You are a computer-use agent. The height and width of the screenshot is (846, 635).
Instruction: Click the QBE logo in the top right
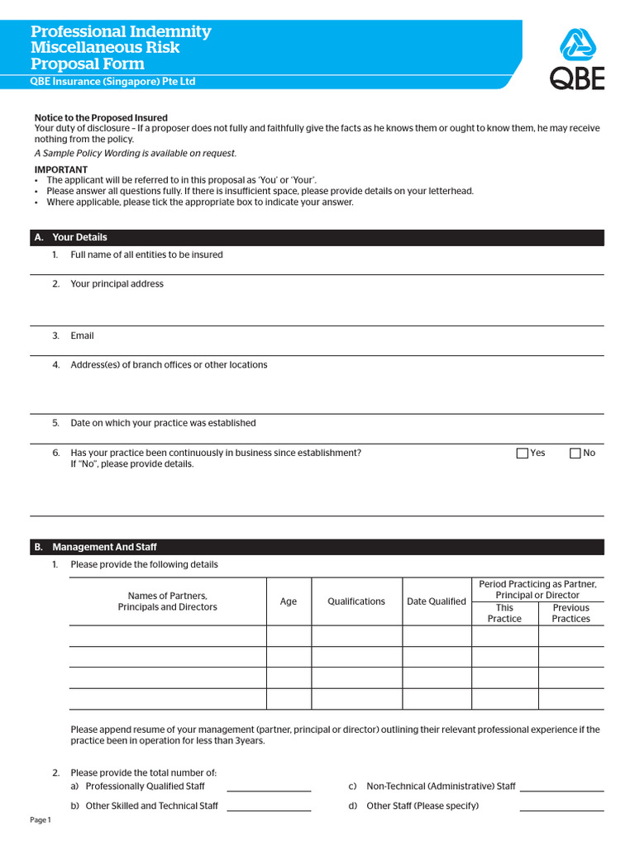[x=577, y=59]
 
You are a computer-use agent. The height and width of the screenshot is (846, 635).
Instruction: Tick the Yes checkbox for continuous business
[x=522, y=453]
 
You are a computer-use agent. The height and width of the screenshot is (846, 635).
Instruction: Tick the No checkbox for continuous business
[x=575, y=453]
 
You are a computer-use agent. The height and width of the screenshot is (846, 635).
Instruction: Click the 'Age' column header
[x=289, y=601]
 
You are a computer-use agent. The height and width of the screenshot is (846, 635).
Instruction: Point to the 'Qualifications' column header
[x=356, y=601]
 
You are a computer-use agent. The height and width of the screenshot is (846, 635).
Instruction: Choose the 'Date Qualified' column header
[x=437, y=601]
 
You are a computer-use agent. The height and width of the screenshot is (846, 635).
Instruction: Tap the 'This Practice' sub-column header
[x=504, y=613]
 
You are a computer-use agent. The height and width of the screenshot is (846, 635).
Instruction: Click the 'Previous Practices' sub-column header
[x=571, y=613]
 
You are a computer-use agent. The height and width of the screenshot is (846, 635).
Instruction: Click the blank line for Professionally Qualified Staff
[x=269, y=787]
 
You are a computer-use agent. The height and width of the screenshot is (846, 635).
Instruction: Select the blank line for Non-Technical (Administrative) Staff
[x=561, y=787]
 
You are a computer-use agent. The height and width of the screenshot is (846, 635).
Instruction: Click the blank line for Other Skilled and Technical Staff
[x=269, y=807]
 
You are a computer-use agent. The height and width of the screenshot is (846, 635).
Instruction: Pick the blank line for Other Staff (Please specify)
[x=561, y=807]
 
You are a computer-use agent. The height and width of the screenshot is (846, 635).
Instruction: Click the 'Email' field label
[x=82, y=335]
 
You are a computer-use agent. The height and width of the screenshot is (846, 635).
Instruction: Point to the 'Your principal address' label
[x=117, y=283]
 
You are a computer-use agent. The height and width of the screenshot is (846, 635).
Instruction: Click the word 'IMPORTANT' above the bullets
[x=60, y=169]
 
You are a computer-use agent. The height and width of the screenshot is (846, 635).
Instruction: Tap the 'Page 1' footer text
[x=41, y=820]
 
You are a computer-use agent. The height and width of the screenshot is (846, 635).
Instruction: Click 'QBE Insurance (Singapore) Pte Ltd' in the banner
[x=112, y=82]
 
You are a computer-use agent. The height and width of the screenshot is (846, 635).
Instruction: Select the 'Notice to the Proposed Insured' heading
[x=100, y=118]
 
